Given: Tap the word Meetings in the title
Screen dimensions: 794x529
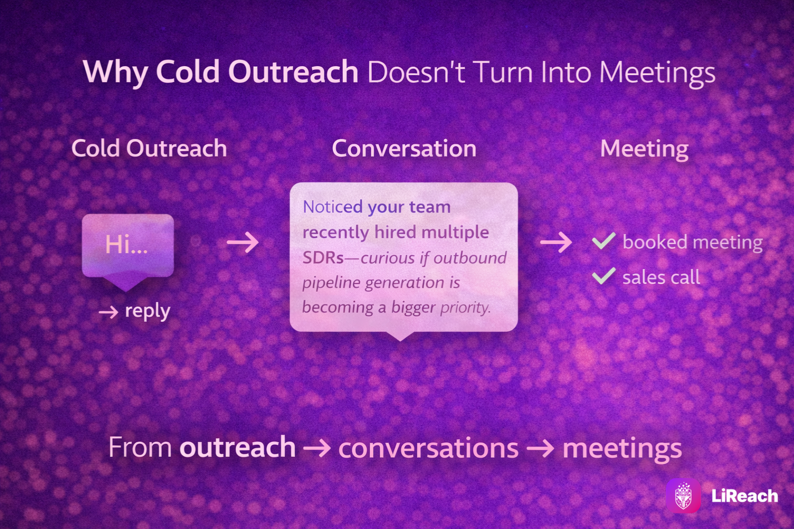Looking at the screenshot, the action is (x=658, y=73).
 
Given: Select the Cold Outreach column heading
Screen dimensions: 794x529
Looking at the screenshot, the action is (x=149, y=148).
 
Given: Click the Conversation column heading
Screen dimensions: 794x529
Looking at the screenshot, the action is (x=404, y=148).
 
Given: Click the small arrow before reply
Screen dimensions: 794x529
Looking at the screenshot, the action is (x=109, y=312).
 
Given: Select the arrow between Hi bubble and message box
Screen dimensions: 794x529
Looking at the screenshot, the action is (x=243, y=242).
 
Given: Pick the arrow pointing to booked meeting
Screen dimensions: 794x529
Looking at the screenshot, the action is (x=556, y=242).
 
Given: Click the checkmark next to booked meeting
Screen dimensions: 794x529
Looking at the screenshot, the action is (x=604, y=241).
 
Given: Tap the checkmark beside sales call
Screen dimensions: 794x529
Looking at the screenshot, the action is (x=604, y=276).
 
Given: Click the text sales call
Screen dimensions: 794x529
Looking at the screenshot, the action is (x=662, y=277).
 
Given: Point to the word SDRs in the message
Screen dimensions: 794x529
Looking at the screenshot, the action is (x=323, y=258).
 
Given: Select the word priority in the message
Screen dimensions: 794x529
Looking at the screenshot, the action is (x=465, y=307).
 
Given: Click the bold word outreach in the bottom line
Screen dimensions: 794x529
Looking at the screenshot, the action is (x=237, y=447).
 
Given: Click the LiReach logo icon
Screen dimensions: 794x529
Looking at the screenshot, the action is (x=683, y=496).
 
